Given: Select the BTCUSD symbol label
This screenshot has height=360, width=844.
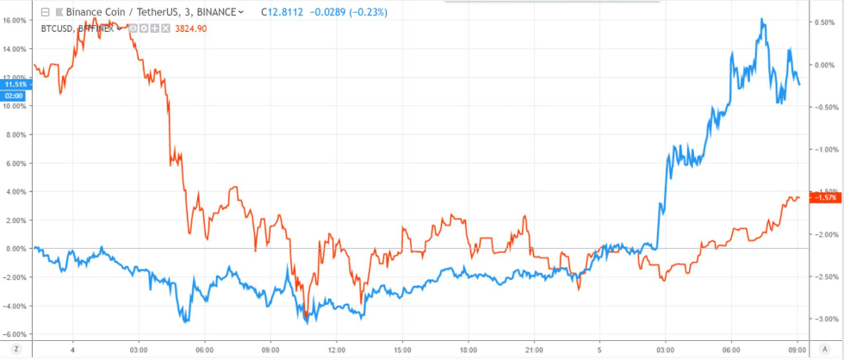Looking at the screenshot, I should pos(55,28).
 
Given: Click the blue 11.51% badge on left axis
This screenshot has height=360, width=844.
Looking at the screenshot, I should pos(16,84).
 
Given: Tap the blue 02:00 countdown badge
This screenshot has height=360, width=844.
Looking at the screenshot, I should pos(16,96).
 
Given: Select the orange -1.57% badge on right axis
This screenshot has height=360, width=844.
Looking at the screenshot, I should pos(825,198).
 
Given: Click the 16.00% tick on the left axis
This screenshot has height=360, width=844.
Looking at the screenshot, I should pos(16,21).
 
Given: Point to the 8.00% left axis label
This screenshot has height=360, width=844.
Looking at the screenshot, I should pos(16,135).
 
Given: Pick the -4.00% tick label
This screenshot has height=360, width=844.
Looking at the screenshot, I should pos(16,306).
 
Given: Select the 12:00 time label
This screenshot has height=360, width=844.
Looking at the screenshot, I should pos(337,351).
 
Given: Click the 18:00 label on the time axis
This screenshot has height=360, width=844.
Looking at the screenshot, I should pos(468,351).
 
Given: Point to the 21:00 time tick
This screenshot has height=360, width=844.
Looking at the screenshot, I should pos(534,351).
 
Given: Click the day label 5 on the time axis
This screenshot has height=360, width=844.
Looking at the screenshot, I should pos(599,351).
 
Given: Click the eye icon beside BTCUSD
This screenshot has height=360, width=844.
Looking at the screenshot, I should pos(133,29).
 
